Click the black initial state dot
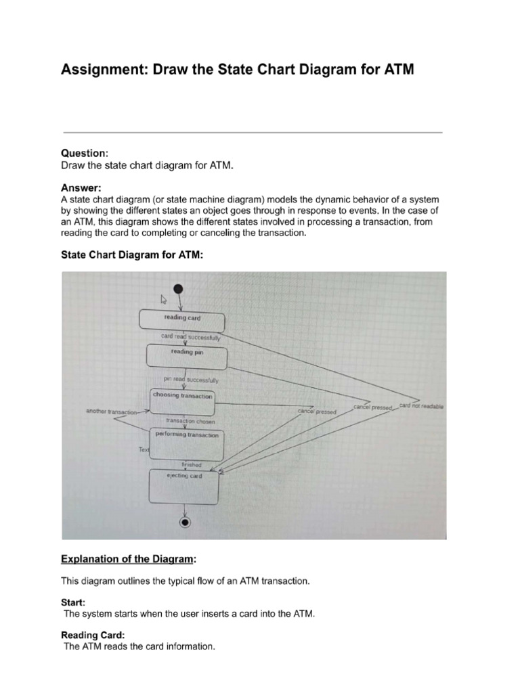coord(179,289)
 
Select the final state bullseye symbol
coord(183,522)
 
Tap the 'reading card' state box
coord(181,320)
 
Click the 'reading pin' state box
coord(186,357)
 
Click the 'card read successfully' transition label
coord(190,336)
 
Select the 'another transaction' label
coord(111,411)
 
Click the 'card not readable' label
coord(421,406)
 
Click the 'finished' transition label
coord(192,465)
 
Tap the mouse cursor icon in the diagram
coord(163,298)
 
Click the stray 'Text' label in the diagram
coord(144,450)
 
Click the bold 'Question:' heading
coord(85,154)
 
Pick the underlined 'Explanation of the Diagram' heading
coord(129,559)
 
